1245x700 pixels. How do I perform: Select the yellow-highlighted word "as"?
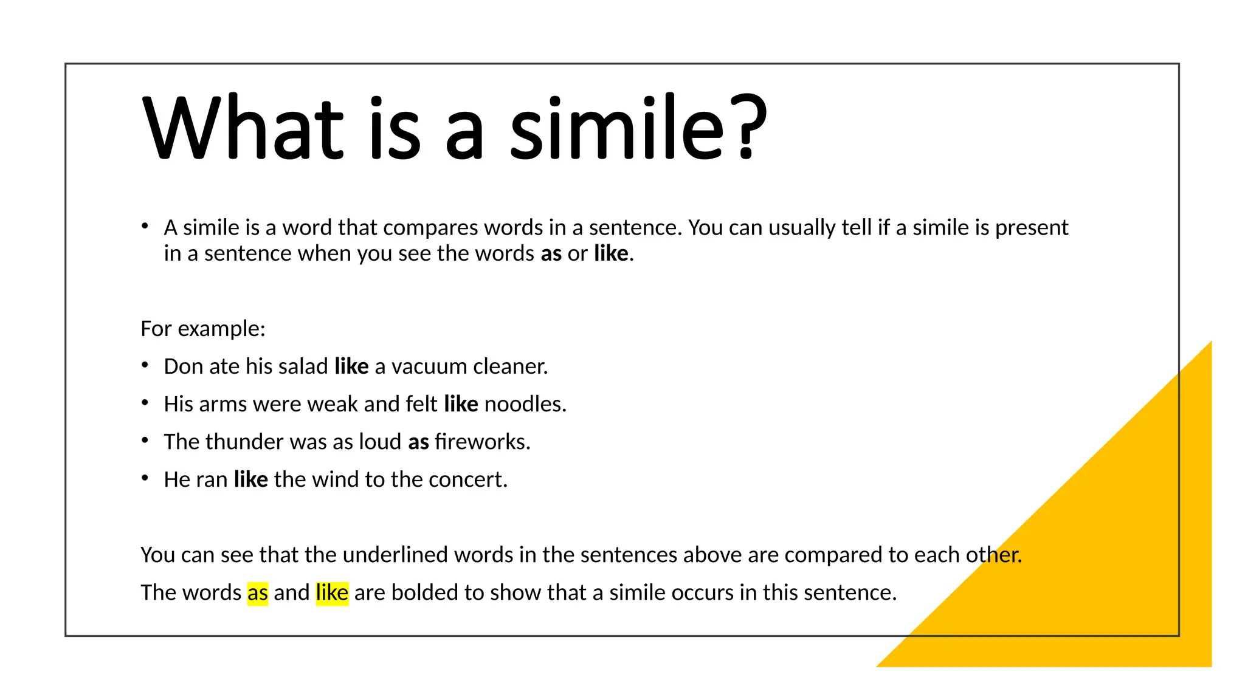(x=258, y=592)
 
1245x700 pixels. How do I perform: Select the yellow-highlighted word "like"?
(x=332, y=592)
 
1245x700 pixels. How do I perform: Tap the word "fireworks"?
(x=482, y=442)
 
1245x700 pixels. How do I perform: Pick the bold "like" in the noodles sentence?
(x=461, y=404)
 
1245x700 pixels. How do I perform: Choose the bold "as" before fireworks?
(x=418, y=442)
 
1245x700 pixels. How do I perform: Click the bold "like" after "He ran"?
(x=250, y=479)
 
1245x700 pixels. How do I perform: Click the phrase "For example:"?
(x=203, y=329)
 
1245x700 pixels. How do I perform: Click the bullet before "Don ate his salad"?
(x=145, y=365)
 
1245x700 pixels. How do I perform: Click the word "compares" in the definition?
(x=430, y=228)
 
